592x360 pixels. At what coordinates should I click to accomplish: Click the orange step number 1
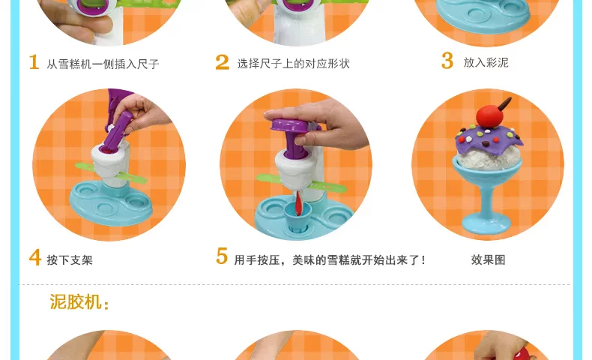(x=34, y=62)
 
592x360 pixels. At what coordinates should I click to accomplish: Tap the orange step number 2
(x=223, y=62)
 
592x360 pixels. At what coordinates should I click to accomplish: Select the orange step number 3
(x=447, y=61)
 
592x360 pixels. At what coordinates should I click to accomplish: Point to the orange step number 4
(x=34, y=258)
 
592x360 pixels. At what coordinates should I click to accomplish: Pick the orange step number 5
(x=222, y=256)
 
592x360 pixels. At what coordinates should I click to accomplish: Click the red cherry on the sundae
(x=489, y=115)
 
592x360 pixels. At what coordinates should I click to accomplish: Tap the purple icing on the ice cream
(x=489, y=139)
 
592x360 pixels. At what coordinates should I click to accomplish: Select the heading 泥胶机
(x=79, y=301)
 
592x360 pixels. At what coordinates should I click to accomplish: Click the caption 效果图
(x=488, y=260)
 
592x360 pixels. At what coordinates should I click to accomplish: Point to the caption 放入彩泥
(x=486, y=62)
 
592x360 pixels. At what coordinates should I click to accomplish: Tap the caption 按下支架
(x=70, y=260)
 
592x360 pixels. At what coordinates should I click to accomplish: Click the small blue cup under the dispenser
(x=298, y=216)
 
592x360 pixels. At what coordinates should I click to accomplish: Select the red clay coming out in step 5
(x=298, y=203)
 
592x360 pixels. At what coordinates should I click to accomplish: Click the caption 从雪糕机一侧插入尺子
(x=103, y=64)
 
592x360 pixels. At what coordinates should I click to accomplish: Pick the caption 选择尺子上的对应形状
(x=293, y=64)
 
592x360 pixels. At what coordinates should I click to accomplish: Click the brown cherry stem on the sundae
(x=505, y=103)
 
